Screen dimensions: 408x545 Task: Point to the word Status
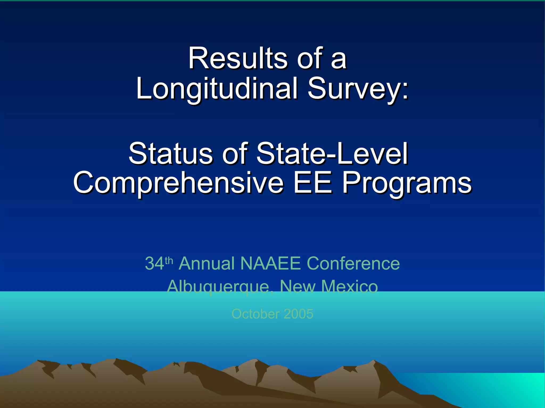(171, 154)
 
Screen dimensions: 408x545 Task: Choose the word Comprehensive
(178, 183)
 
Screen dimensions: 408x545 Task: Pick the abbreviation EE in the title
(313, 183)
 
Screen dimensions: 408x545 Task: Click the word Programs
(407, 183)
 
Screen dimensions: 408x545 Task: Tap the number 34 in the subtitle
(155, 263)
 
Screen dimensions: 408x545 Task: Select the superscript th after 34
(169, 260)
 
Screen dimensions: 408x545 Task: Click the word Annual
(206, 263)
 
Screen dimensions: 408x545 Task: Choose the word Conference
(353, 263)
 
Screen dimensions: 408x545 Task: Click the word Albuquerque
(218, 287)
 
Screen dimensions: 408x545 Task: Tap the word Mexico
(349, 287)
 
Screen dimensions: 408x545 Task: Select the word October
(255, 314)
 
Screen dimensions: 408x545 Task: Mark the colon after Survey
(405, 90)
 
